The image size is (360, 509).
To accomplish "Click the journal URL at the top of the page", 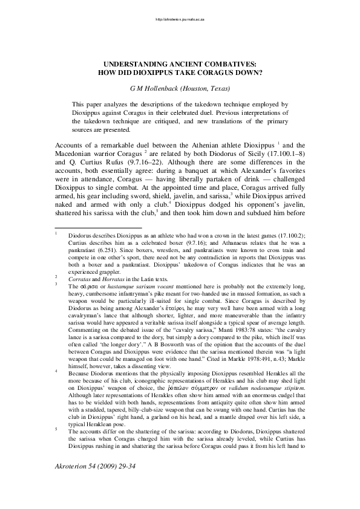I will point(180,19).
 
